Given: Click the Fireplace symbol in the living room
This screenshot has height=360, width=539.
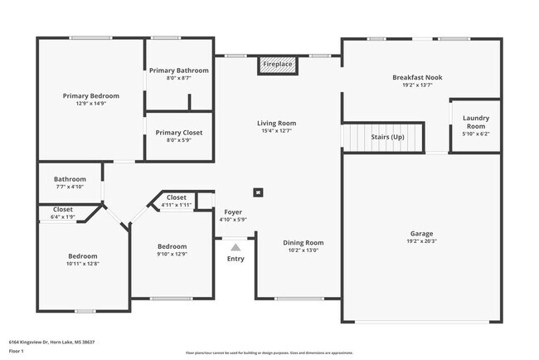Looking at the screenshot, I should [x=277, y=65].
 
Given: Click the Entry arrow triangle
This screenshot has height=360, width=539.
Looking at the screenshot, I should [x=236, y=246].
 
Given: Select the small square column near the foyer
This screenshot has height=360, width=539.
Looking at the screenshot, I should [x=259, y=192].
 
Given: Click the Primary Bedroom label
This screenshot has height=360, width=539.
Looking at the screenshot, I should [x=90, y=95].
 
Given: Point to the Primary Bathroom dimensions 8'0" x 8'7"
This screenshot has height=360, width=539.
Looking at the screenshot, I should [x=179, y=79].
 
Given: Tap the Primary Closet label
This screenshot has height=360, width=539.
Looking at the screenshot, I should [x=179, y=133].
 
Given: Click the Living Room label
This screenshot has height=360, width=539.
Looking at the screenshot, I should [x=276, y=124].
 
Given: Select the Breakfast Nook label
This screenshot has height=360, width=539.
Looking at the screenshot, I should [x=417, y=77].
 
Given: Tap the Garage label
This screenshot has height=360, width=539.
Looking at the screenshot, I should [x=421, y=233].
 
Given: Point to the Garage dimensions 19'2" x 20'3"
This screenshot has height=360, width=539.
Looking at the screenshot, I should [x=421, y=241].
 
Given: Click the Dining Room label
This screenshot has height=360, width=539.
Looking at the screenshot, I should [x=303, y=243].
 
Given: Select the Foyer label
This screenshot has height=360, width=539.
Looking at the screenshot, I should [x=233, y=212].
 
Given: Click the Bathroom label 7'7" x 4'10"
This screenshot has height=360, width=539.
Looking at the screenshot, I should [x=70, y=179].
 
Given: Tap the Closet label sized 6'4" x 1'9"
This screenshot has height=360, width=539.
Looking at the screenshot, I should [x=63, y=210].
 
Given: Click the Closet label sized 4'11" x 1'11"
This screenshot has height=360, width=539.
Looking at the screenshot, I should [x=176, y=197].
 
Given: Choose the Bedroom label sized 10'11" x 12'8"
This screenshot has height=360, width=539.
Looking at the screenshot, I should [x=82, y=256].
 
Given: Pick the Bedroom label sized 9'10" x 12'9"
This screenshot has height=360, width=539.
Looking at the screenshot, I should [x=172, y=246].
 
